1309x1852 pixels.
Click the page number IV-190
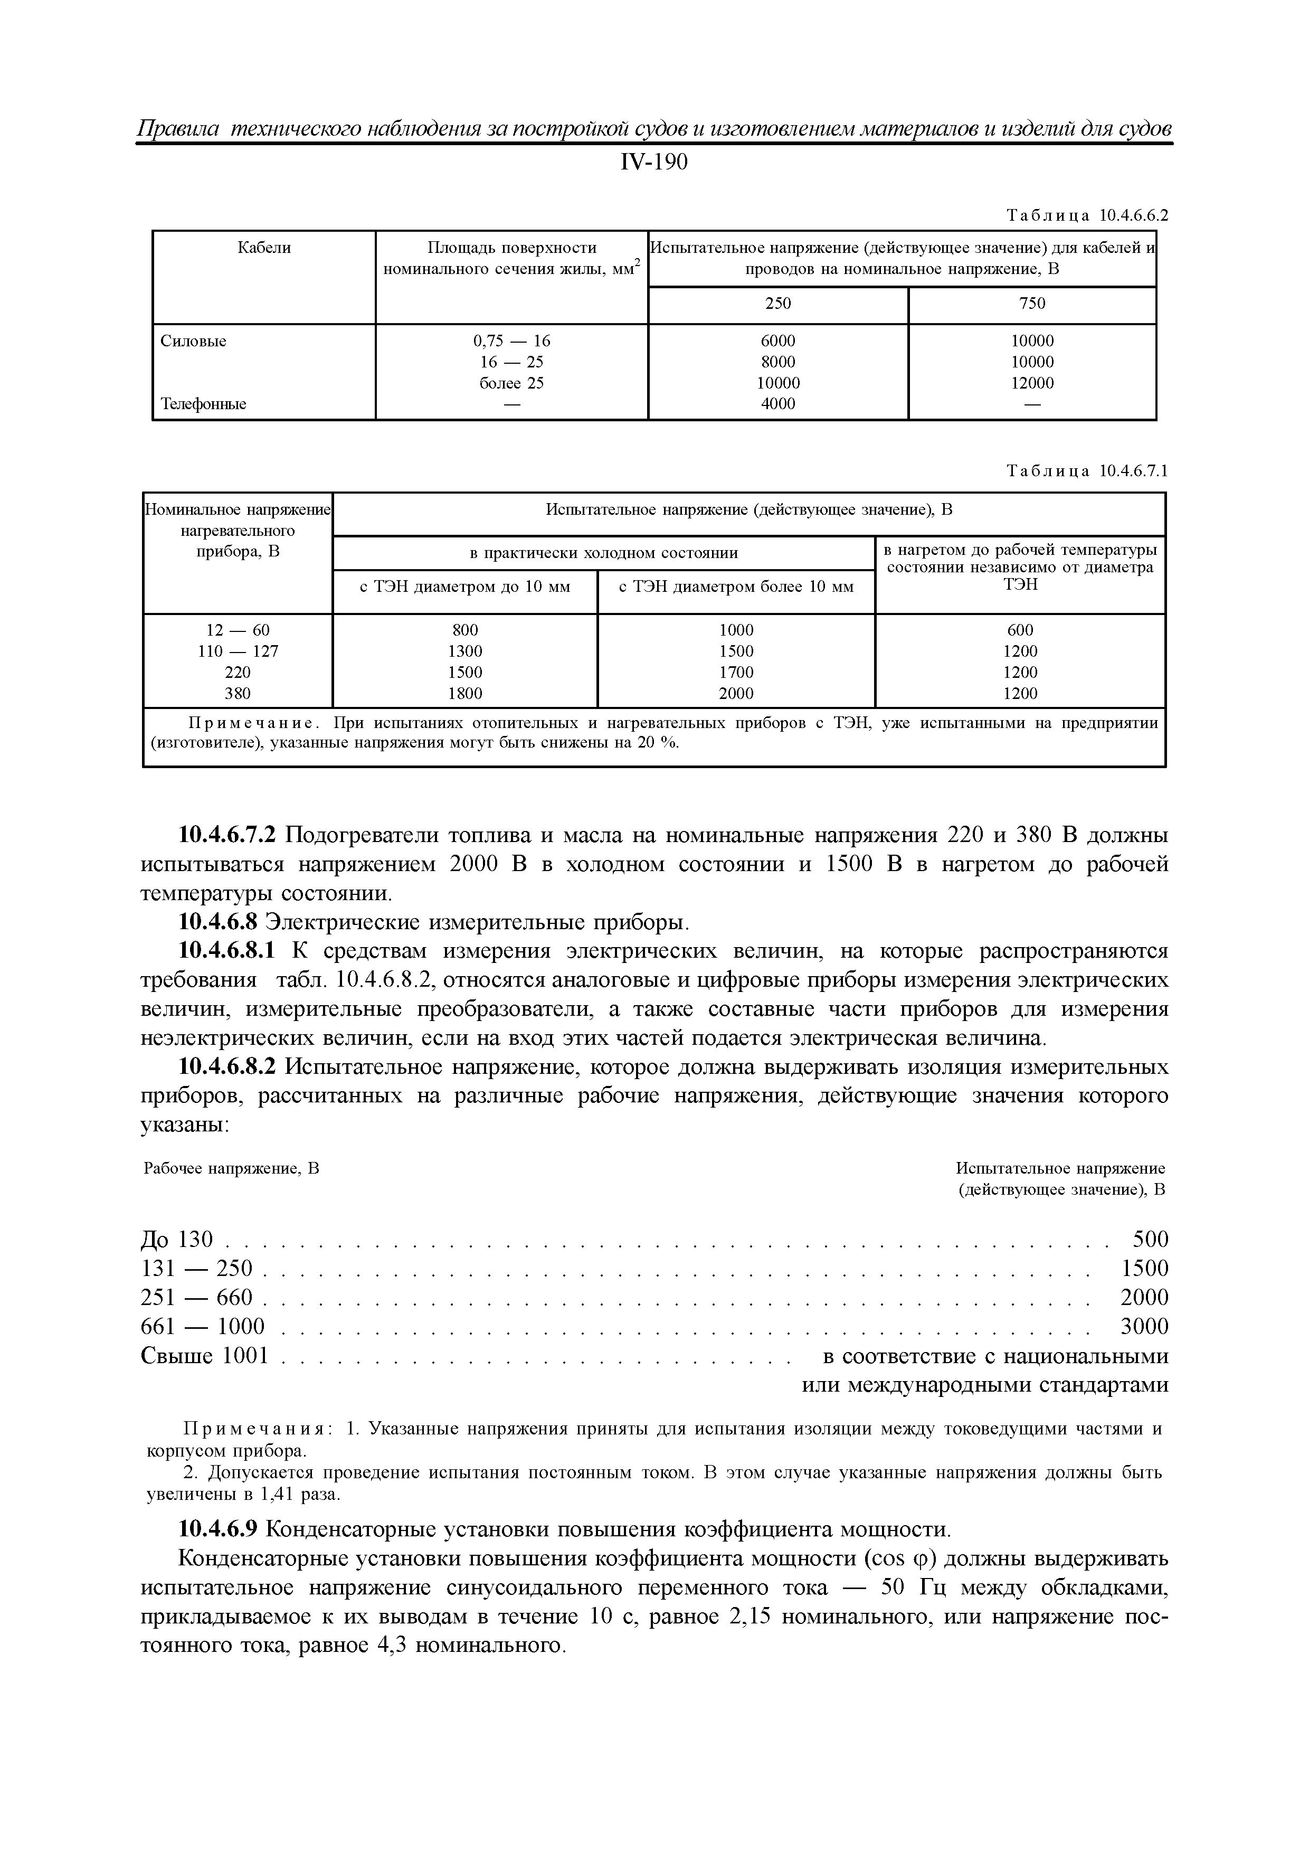(654, 163)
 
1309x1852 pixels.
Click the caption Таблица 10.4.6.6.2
(1086, 215)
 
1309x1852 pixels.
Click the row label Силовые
(194, 341)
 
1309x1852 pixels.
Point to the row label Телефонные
(203, 404)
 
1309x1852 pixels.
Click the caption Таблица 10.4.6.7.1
(1086, 471)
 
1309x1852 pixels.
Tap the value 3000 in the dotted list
(1144, 1327)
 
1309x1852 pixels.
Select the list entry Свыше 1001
(204, 1356)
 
